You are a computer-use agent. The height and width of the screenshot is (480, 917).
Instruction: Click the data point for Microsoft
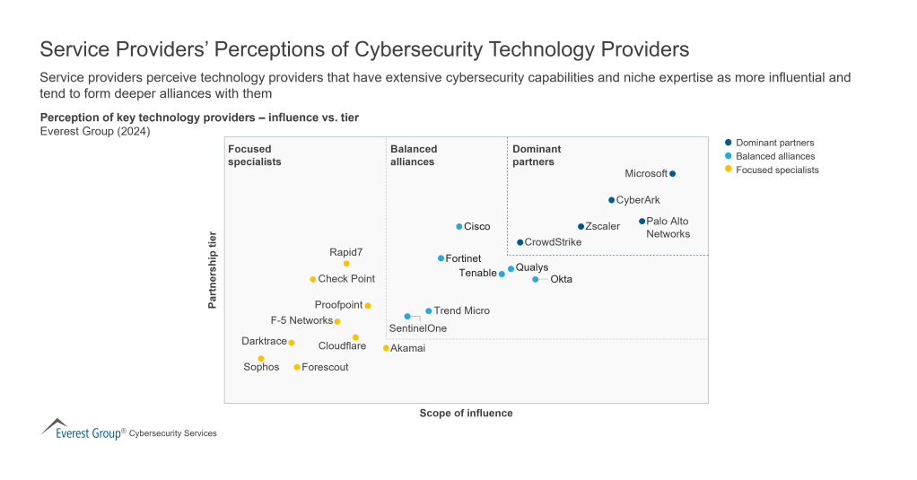click(672, 174)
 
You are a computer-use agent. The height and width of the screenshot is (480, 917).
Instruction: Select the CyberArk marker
click(611, 200)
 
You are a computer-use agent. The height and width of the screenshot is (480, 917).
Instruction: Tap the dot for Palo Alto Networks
click(642, 221)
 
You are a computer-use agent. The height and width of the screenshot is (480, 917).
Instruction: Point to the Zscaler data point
click(581, 226)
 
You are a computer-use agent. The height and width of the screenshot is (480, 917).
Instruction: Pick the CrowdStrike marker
click(520, 242)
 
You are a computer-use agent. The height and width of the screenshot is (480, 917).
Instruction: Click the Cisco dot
click(458, 226)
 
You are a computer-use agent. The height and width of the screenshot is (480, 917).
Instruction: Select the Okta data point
click(536, 279)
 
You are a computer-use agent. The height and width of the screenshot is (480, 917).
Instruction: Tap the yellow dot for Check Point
click(312, 279)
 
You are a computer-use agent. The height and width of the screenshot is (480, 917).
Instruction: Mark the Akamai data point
click(386, 348)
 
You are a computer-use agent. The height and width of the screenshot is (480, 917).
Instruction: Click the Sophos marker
click(261, 358)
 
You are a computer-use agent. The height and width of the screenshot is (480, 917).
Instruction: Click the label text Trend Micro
click(461, 310)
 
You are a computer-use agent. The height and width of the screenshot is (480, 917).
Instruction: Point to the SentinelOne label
click(417, 328)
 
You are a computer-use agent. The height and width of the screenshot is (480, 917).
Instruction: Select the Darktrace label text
click(264, 341)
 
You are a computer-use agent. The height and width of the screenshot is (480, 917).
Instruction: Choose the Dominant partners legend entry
click(774, 143)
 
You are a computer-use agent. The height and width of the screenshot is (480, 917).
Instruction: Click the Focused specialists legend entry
click(777, 170)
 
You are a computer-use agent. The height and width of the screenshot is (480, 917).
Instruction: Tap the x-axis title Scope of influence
click(466, 414)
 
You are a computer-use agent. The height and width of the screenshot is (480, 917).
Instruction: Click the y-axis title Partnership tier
click(213, 270)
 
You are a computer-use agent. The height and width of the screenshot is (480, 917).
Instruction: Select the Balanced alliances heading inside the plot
click(414, 155)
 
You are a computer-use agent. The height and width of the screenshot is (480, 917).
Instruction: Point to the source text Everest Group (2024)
click(95, 131)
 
